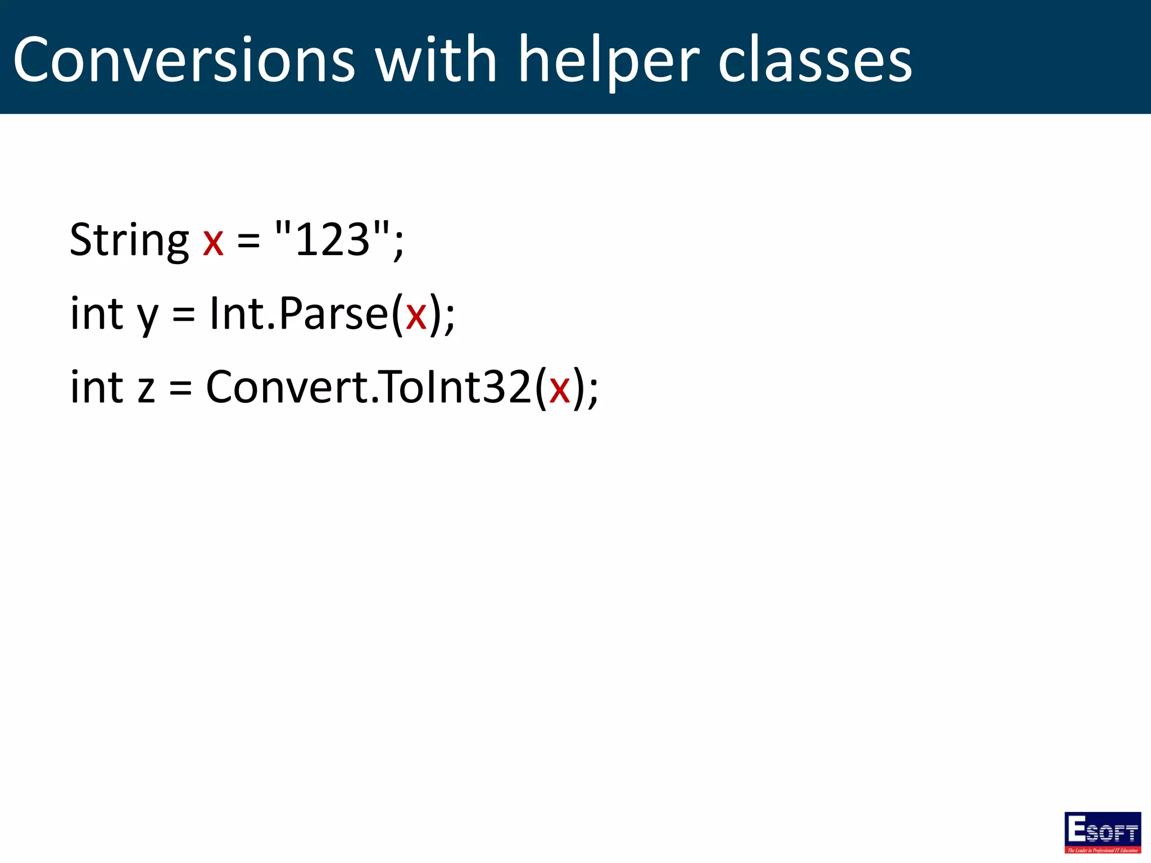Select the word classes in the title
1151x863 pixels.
(x=815, y=60)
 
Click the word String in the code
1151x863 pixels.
(x=129, y=240)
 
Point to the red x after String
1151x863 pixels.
(x=214, y=242)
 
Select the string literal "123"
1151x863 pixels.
(x=332, y=238)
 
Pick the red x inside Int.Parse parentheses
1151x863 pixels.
(x=416, y=316)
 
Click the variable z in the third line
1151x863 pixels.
(x=146, y=389)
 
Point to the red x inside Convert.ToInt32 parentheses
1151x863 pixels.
(x=560, y=389)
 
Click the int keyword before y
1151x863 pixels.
(x=97, y=314)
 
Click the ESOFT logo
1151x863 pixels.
(x=1102, y=832)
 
